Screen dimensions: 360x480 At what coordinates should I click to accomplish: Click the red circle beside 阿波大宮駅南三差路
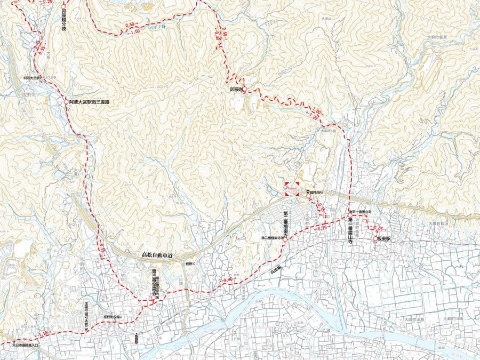[65, 100]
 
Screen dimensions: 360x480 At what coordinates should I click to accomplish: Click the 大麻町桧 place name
[327, 130]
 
